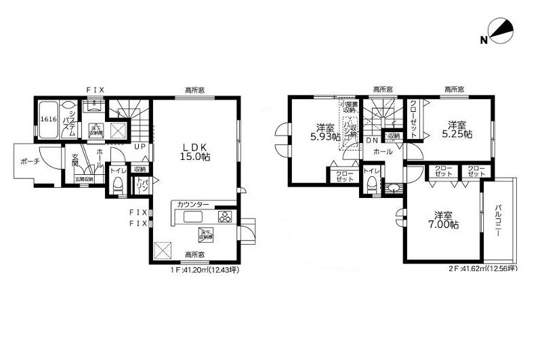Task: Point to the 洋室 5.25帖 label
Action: [456, 129]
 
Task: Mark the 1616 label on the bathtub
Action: [47, 120]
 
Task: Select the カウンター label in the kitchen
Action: [193, 205]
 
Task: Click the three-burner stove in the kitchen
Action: [225, 217]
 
